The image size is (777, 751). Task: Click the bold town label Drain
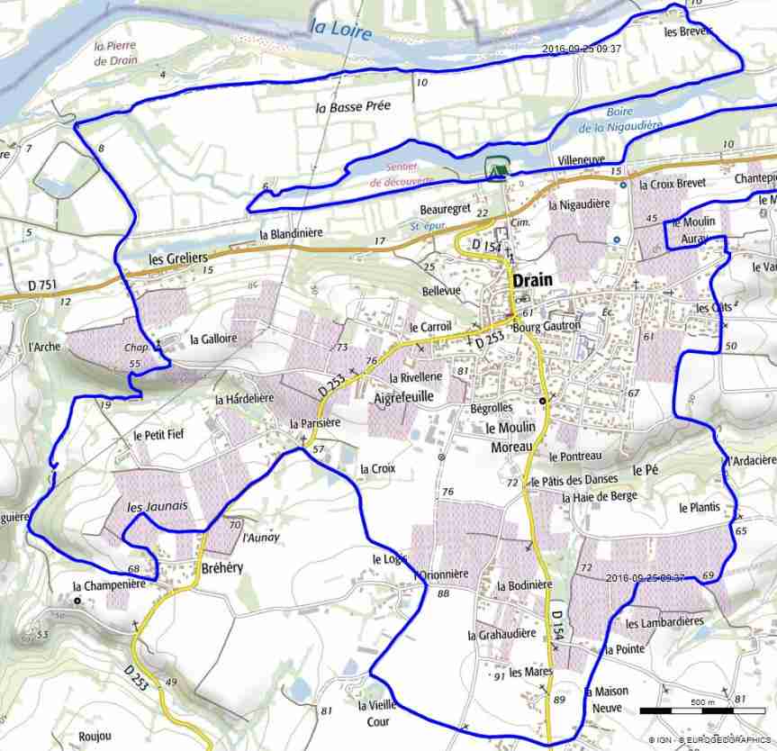(532, 280)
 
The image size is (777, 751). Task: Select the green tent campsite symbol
(494, 168)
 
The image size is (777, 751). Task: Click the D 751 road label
(42, 285)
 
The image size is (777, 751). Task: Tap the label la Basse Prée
(353, 106)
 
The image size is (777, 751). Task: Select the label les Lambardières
(664, 623)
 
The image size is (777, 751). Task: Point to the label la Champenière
(109, 585)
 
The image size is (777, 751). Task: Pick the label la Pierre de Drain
(113, 53)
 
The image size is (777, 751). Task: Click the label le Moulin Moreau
(510, 437)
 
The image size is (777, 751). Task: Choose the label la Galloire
(213, 339)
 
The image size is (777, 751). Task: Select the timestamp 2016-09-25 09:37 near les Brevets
(582, 50)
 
